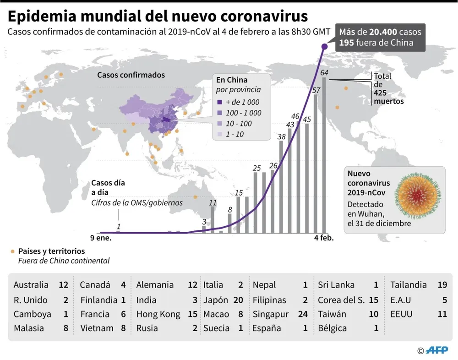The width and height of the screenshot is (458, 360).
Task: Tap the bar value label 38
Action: point(281,136)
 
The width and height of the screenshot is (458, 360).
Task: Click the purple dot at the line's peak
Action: point(324,46)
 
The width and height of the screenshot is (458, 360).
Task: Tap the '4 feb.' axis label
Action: point(324,238)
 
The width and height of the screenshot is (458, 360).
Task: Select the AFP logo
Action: point(438,350)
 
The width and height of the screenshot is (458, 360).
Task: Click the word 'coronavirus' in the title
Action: point(264,16)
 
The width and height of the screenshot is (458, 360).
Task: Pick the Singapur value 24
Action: point(302,314)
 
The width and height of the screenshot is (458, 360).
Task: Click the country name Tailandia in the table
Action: point(409,285)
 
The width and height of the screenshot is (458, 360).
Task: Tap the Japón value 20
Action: point(238,300)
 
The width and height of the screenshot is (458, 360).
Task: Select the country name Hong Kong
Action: point(158,314)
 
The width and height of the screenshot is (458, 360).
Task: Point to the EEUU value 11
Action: point(442,314)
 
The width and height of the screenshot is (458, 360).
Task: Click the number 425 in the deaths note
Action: point(380,93)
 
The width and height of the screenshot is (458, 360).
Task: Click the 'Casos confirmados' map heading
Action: point(131,75)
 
